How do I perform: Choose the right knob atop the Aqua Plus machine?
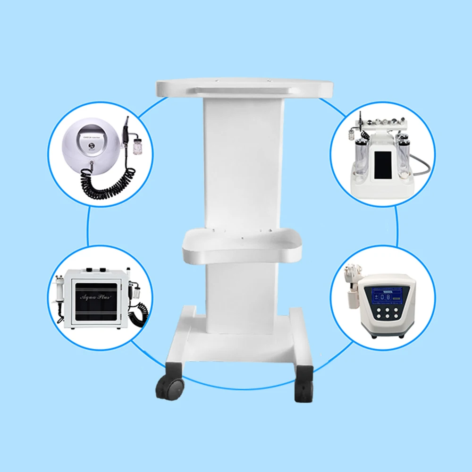(103, 270)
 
